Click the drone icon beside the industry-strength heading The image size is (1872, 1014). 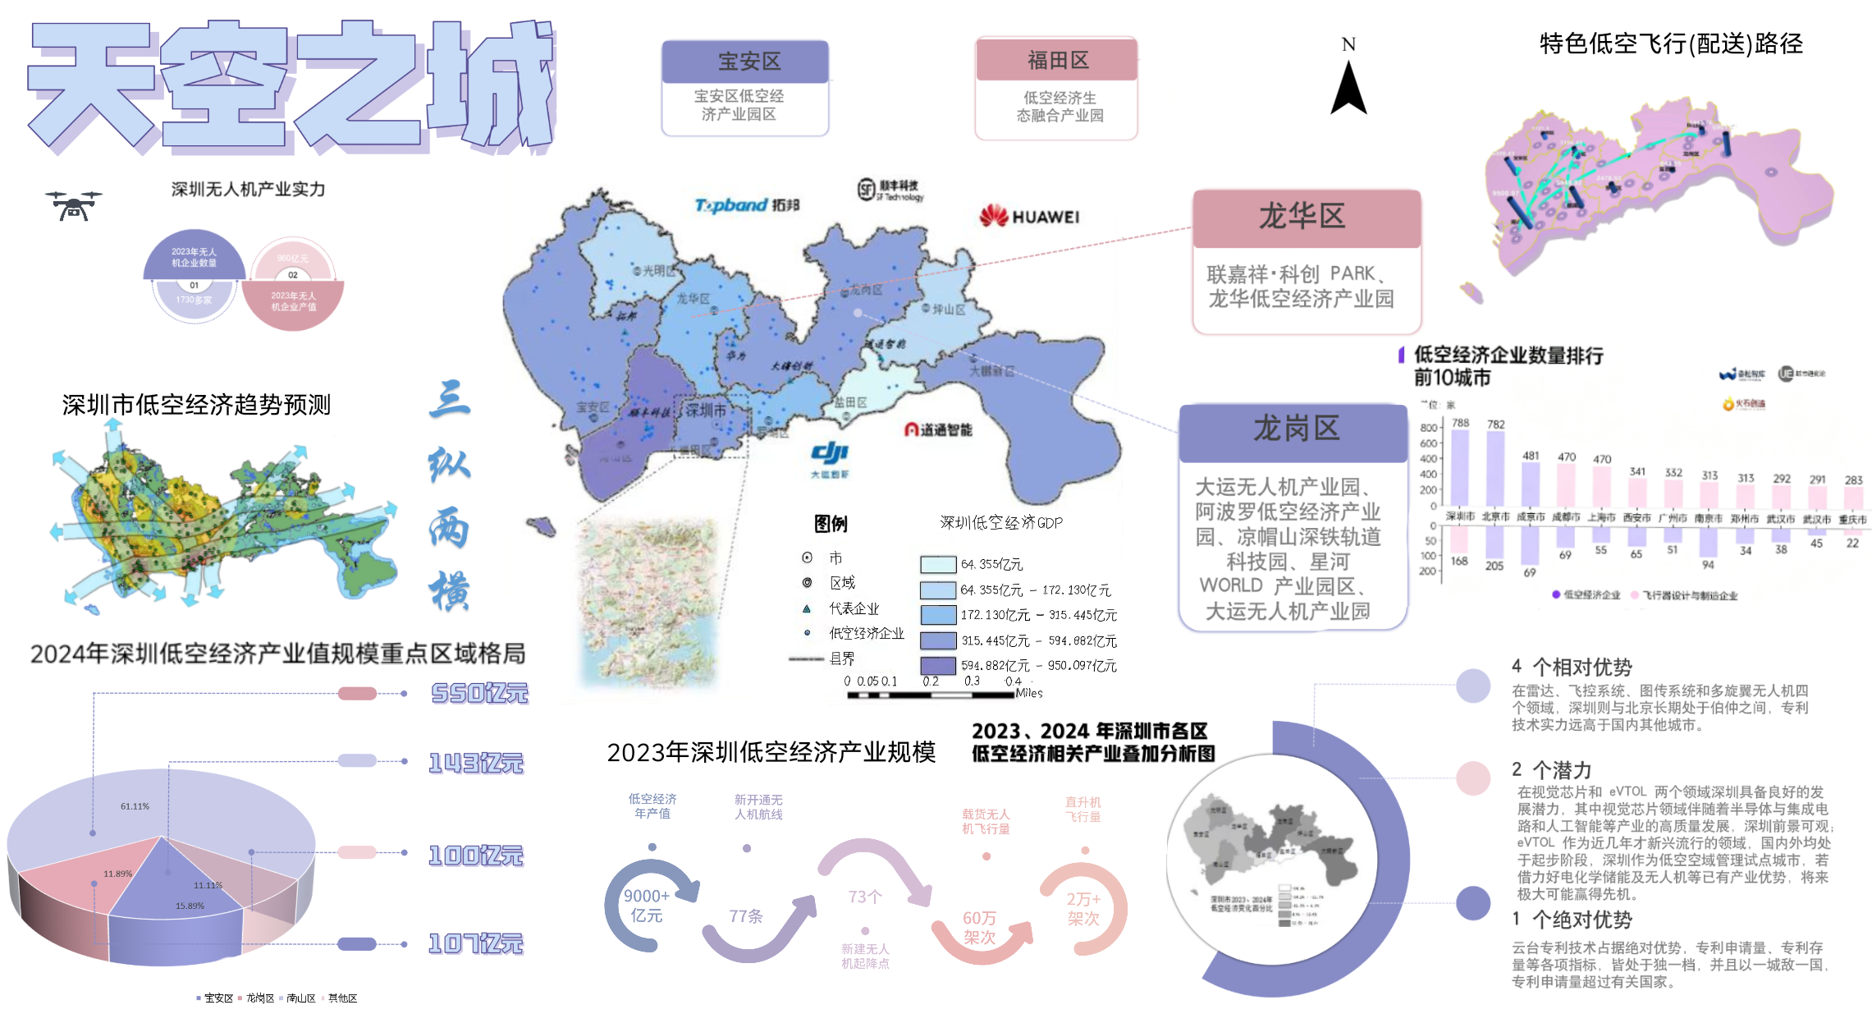pos(74,205)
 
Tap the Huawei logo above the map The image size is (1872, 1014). pos(1029,217)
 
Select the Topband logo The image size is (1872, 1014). pos(746,205)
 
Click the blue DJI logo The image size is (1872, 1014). pos(830,454)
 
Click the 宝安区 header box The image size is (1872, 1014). pos(745,62)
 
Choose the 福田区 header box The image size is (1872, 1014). pos(1057,60)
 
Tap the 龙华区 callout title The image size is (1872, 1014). pos(1306,217)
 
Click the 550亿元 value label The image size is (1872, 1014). pos(480,694)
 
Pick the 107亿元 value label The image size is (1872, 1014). pos(476,944)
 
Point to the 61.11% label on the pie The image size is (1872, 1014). pos(135,806)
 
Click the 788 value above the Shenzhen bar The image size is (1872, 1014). pos(1460,423)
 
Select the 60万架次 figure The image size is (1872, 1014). pos(980,928)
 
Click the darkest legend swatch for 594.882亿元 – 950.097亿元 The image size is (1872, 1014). pos(937,665)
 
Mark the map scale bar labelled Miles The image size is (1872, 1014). pos(931,695)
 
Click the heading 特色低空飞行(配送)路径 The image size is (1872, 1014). pos(1670,44)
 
